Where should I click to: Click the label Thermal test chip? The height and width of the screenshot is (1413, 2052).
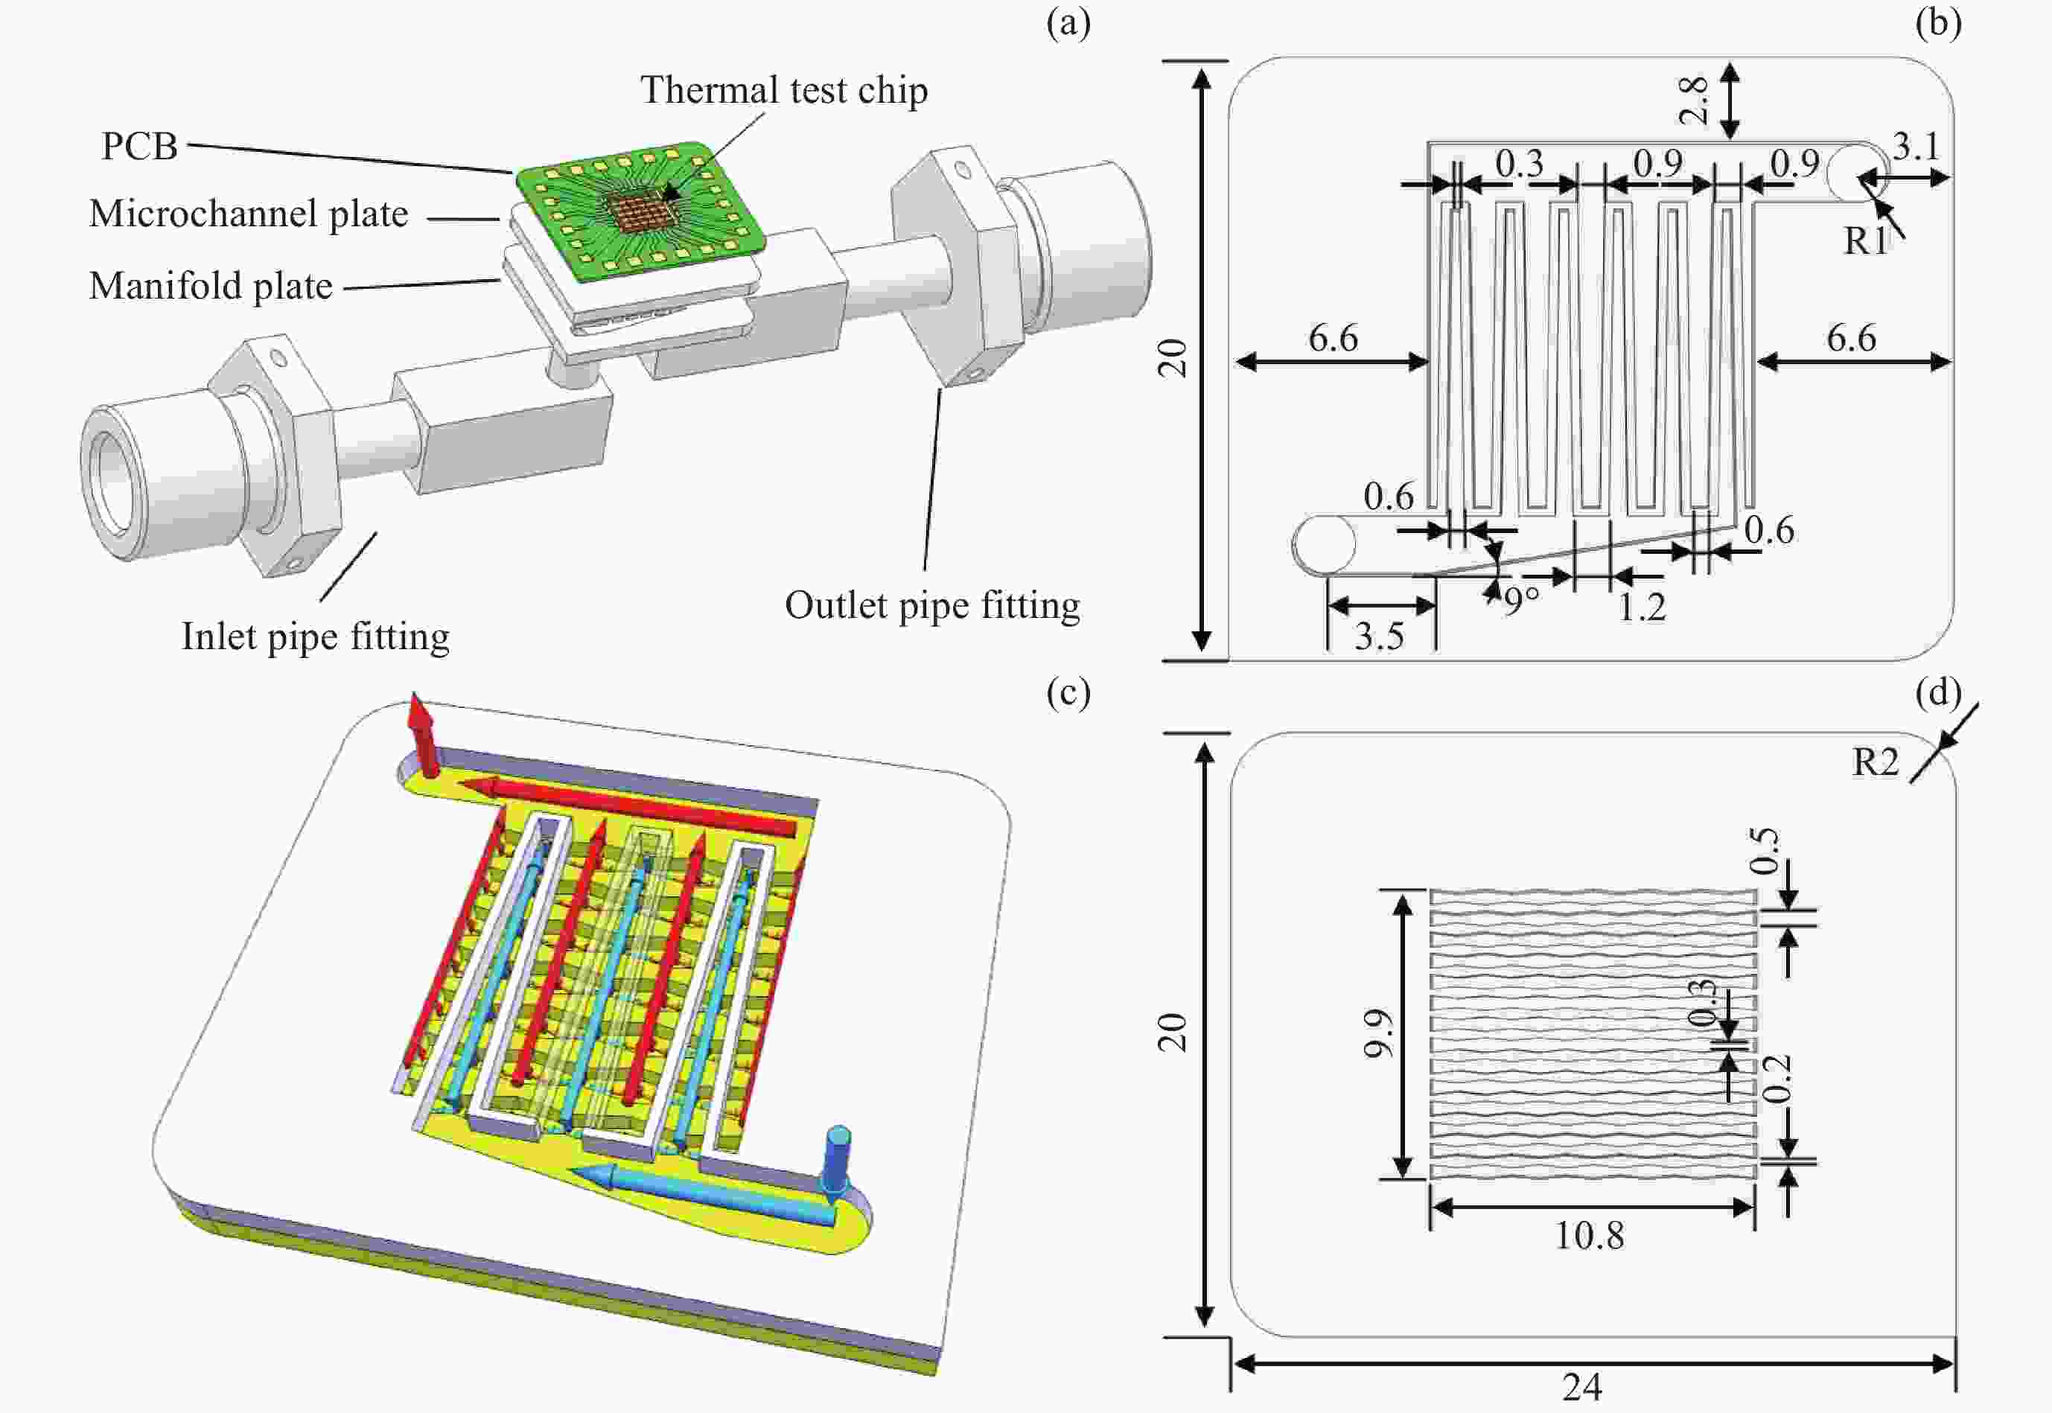click(783, 90)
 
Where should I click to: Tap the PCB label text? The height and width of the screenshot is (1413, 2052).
click(139, 146)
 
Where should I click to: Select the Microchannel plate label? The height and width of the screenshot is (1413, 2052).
click(249, 214)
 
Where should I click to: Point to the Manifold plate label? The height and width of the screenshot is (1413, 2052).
click(211, 286)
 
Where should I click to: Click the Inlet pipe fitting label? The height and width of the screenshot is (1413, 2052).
click(315, 637)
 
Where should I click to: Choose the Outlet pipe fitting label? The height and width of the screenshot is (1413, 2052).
click(931, 605)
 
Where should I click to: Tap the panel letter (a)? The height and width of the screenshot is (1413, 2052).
click(1068, 24)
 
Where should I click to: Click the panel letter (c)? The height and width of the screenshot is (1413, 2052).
click(1068, 693)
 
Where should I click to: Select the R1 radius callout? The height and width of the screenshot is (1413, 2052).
click(1865, 240)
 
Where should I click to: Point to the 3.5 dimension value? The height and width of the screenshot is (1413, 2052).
click(1378, 637)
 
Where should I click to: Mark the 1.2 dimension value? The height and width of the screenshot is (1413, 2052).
click(1642, 608)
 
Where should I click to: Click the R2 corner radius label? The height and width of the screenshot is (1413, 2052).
click(1876, 762)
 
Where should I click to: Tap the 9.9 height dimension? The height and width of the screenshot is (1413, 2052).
click(1378, 1033)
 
